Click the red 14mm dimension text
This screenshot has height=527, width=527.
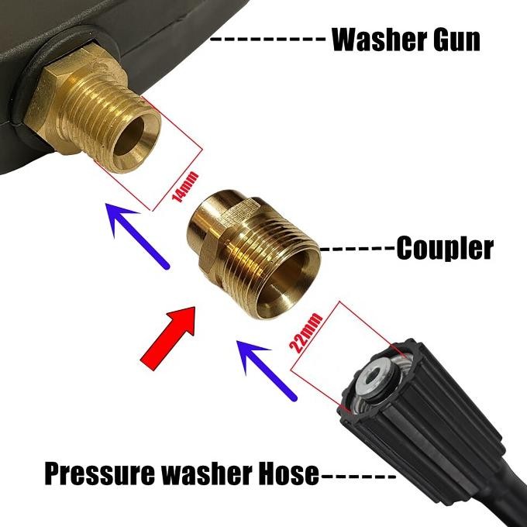[179, 188]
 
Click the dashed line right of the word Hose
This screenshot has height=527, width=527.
[357, 474]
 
